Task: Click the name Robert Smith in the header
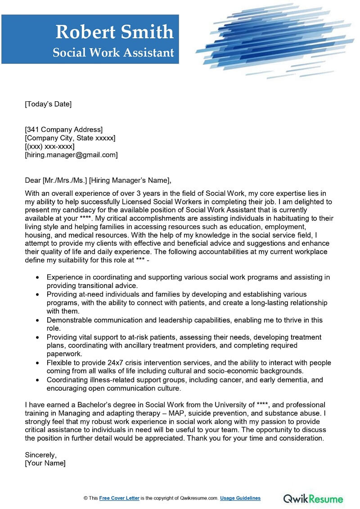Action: [x=114, y=32]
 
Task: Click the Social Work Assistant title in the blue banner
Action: [x=113, y=53]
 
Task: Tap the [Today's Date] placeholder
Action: [x=48, y=104]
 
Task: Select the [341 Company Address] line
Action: [x=63, y=130]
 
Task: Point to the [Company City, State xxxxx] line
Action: [x=70, y=138]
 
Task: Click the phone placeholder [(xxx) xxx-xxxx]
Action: [x=49, y=146]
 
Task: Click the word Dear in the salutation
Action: [x=32, y=180]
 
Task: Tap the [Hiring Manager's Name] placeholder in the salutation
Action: [x=130, y=180]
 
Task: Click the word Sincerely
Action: [x=41, y=455]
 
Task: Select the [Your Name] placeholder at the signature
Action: [x=45, y=463]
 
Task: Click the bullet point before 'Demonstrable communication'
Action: [x=36, y=320]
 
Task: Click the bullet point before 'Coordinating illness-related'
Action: [x=36, y=380]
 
